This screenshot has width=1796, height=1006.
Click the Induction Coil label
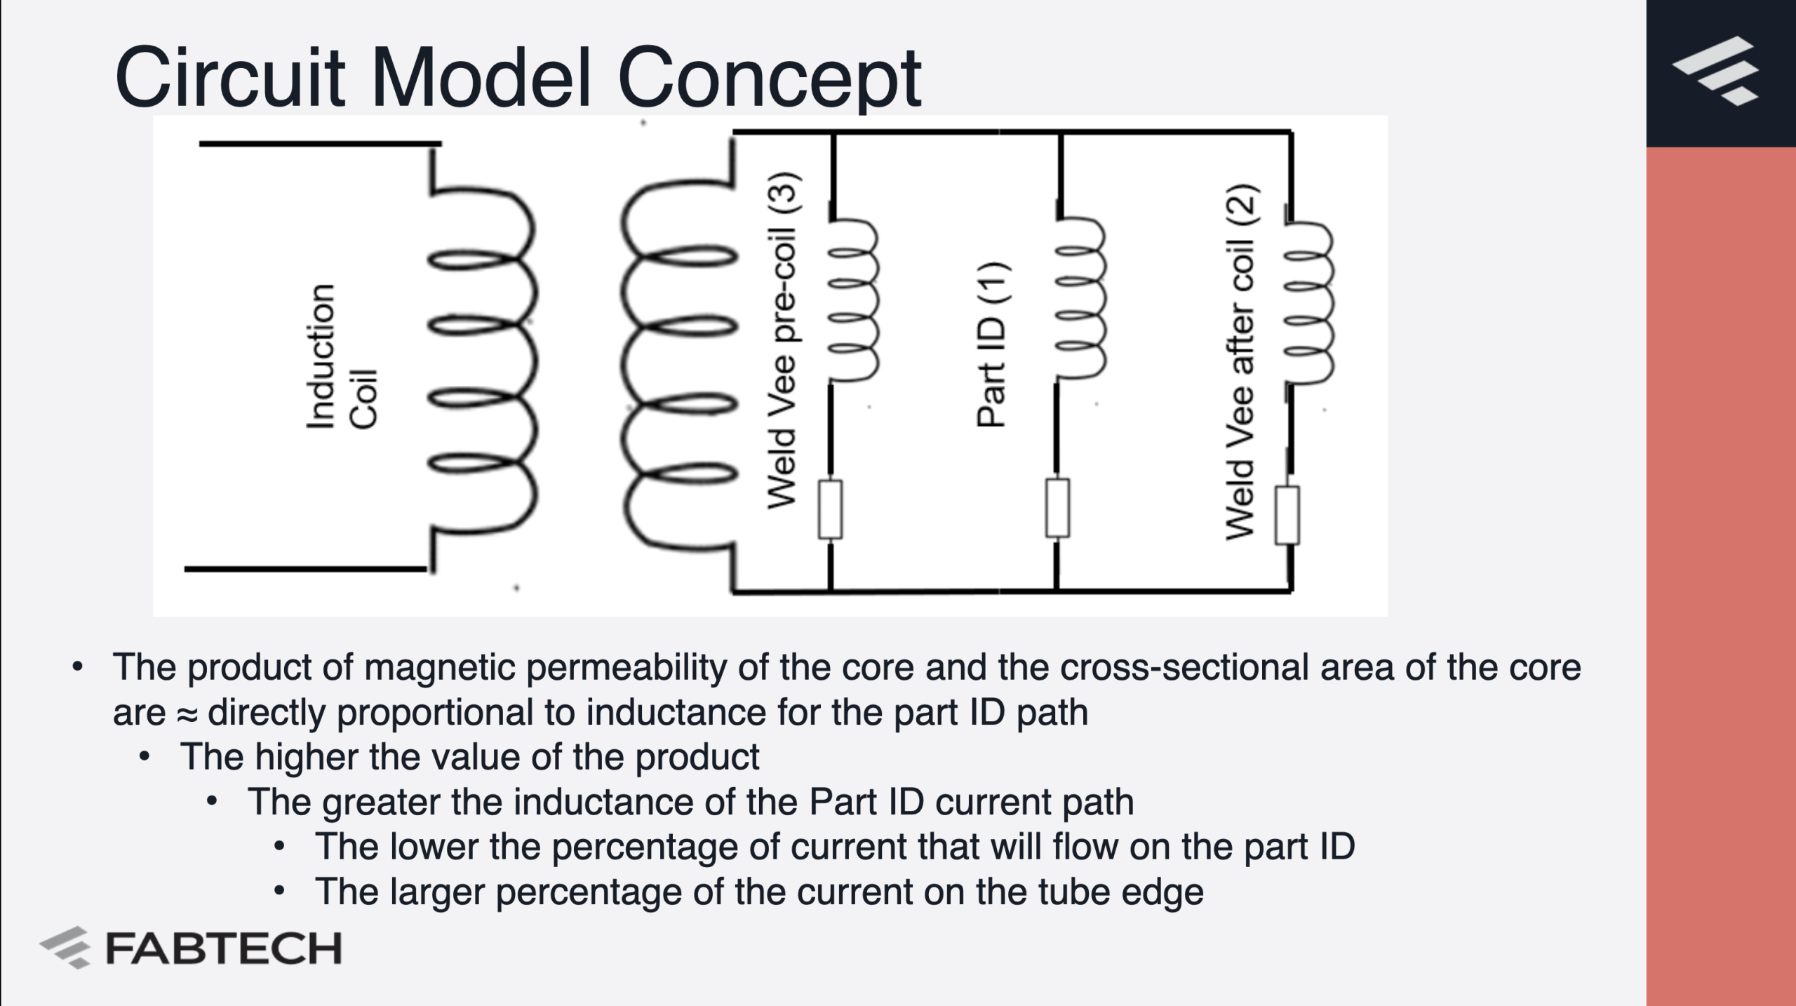[x=342, y=356]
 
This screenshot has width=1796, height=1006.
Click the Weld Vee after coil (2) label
[x=1240, y=363]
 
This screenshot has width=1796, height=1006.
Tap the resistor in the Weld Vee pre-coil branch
[x=831, y=509]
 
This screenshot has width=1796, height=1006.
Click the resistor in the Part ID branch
[x=1058, y=508]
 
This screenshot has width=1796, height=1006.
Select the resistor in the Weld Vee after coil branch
[x=1287, y=515]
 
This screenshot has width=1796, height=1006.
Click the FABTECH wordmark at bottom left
[x=223, y=948]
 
